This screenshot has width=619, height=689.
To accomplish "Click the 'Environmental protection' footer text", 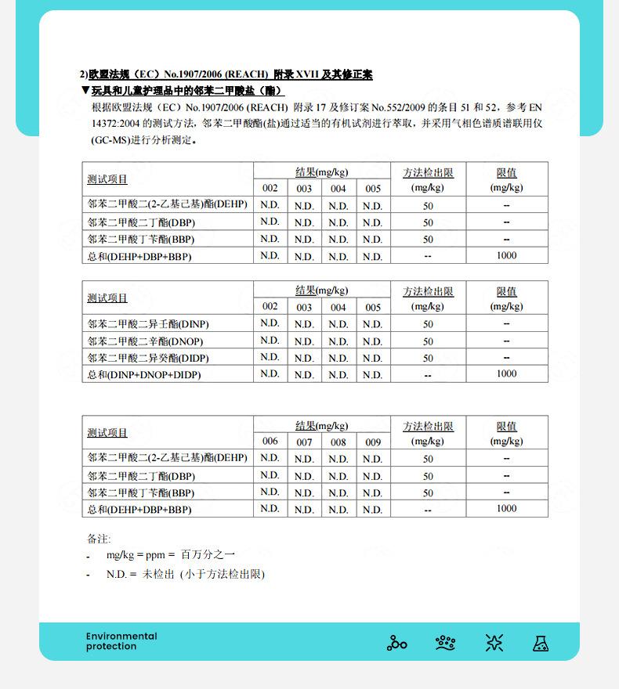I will tap(121, 641).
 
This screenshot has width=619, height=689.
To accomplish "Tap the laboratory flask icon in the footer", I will tap(540, 643).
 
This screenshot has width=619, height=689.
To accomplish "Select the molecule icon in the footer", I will tap(397, 643).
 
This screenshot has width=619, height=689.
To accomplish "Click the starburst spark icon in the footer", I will tap(494, 643).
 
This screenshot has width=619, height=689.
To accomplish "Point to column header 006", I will tap(270, 442).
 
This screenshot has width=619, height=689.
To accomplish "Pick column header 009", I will tap(373, 442).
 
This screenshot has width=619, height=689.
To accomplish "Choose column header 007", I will tap(304, 442).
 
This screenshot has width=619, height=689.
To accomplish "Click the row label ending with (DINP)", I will tap(148, 323).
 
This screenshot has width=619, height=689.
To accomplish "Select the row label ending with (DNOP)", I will tap(148, 341).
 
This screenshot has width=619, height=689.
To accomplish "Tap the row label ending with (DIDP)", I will tap(148, 358).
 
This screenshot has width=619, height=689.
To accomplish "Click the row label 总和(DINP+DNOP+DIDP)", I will tap(144, 375).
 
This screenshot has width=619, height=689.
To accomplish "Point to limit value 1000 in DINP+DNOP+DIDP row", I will tap(506, 374).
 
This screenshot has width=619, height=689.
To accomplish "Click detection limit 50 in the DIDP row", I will tap(428, 358).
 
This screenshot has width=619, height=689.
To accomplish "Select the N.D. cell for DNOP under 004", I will tap(338, 341).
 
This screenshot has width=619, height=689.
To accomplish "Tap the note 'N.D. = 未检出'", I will tap(186, 574).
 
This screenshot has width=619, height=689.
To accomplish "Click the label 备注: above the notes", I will tap(99, 539).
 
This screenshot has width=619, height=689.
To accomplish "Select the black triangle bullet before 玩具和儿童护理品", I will tap(85, 91).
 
